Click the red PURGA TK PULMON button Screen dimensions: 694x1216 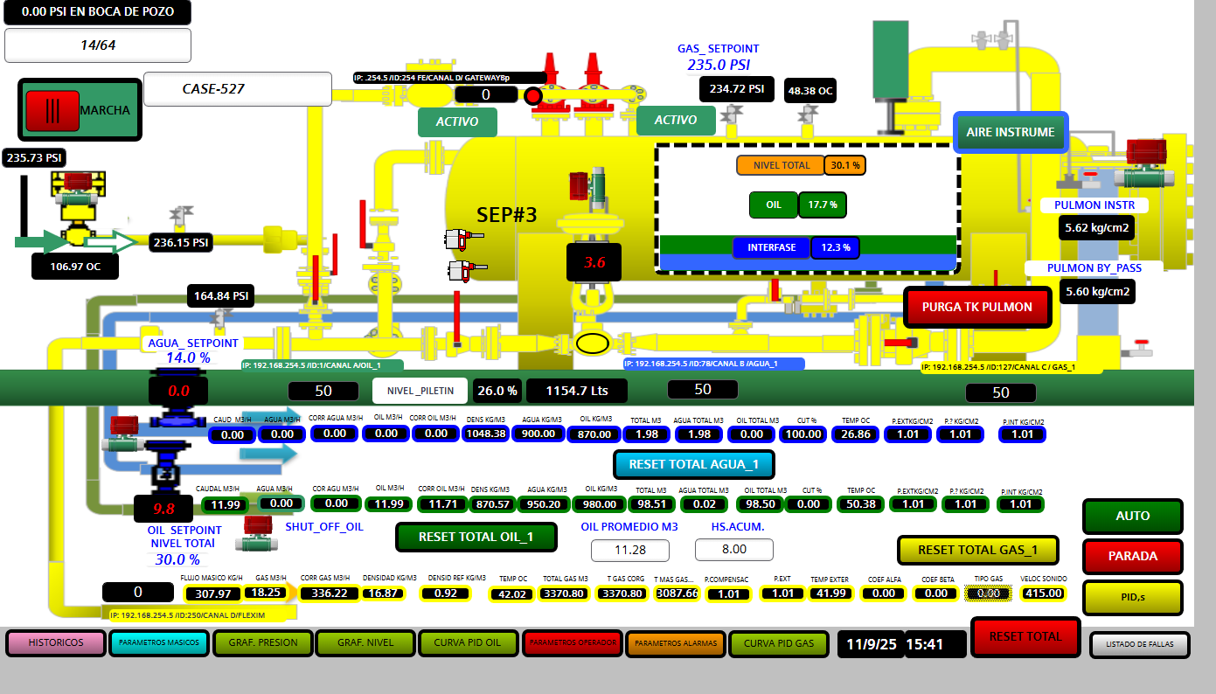click(976, 308)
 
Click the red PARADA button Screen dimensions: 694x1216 click(1132, 556)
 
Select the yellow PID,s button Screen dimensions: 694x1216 click(1132, 598)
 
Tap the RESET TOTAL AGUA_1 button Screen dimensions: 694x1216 click(694, 464)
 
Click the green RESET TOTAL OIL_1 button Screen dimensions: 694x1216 click(476, 537)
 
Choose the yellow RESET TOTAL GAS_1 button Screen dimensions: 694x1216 click(977, 550)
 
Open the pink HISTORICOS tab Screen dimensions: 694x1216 click(56, 643)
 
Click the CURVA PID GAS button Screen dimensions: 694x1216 click(778, 644)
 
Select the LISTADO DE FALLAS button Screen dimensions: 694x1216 click(1139, 644)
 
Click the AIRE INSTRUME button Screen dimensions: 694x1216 click(1010, 133)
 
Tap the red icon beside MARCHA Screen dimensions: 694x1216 click(52, 111)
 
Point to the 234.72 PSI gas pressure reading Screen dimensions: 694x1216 click(737, 89)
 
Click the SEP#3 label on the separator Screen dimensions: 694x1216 click(506, 214)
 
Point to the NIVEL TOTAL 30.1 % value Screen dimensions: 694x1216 click(844, 165)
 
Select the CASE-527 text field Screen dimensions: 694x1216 click(238, 89)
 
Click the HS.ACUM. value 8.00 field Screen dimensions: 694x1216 click(733, 550)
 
